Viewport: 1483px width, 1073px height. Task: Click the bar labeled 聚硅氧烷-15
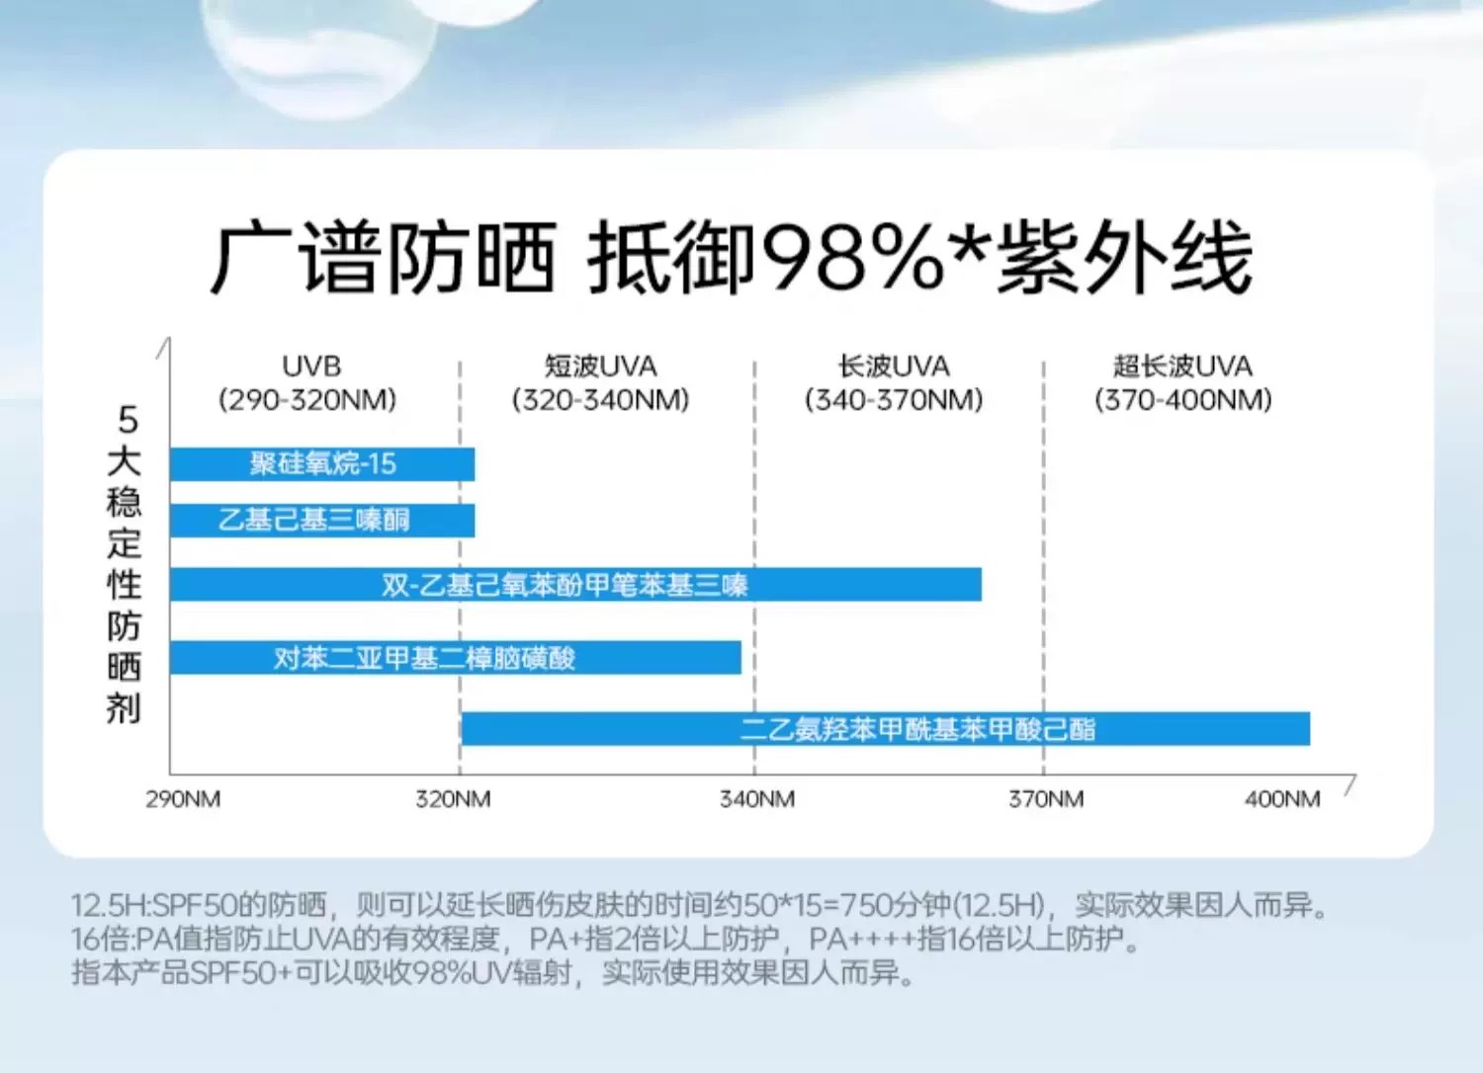click(x=322, y=464)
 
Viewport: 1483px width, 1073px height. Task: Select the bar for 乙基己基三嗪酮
click(x=322, y=521)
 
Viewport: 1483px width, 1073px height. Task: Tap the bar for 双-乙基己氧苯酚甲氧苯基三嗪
click(x=575, y=585)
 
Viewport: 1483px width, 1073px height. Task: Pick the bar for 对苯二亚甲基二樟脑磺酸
click(x=455, y=658)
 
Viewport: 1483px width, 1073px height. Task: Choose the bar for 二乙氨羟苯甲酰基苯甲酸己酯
click(x=885, y=729)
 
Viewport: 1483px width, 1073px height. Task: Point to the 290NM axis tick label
click(x=183, y=799)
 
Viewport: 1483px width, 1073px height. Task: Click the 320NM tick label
click(x=453, y=799)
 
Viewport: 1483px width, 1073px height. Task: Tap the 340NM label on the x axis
click(x=756, y=799)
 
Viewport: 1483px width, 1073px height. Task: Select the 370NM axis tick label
click(x=1046, y=799)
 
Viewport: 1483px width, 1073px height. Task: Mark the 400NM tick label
click(x=1282, y=799)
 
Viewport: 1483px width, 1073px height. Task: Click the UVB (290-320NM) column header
click(x=308, y=383)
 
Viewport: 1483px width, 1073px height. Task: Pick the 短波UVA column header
click(x=600, y=383)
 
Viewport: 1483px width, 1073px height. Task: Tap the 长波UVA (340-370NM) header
click(x=894, y=383)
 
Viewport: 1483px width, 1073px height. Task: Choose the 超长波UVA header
click(x=1182, y=383)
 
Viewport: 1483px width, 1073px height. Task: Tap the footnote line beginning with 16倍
click(x=605, y=939)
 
